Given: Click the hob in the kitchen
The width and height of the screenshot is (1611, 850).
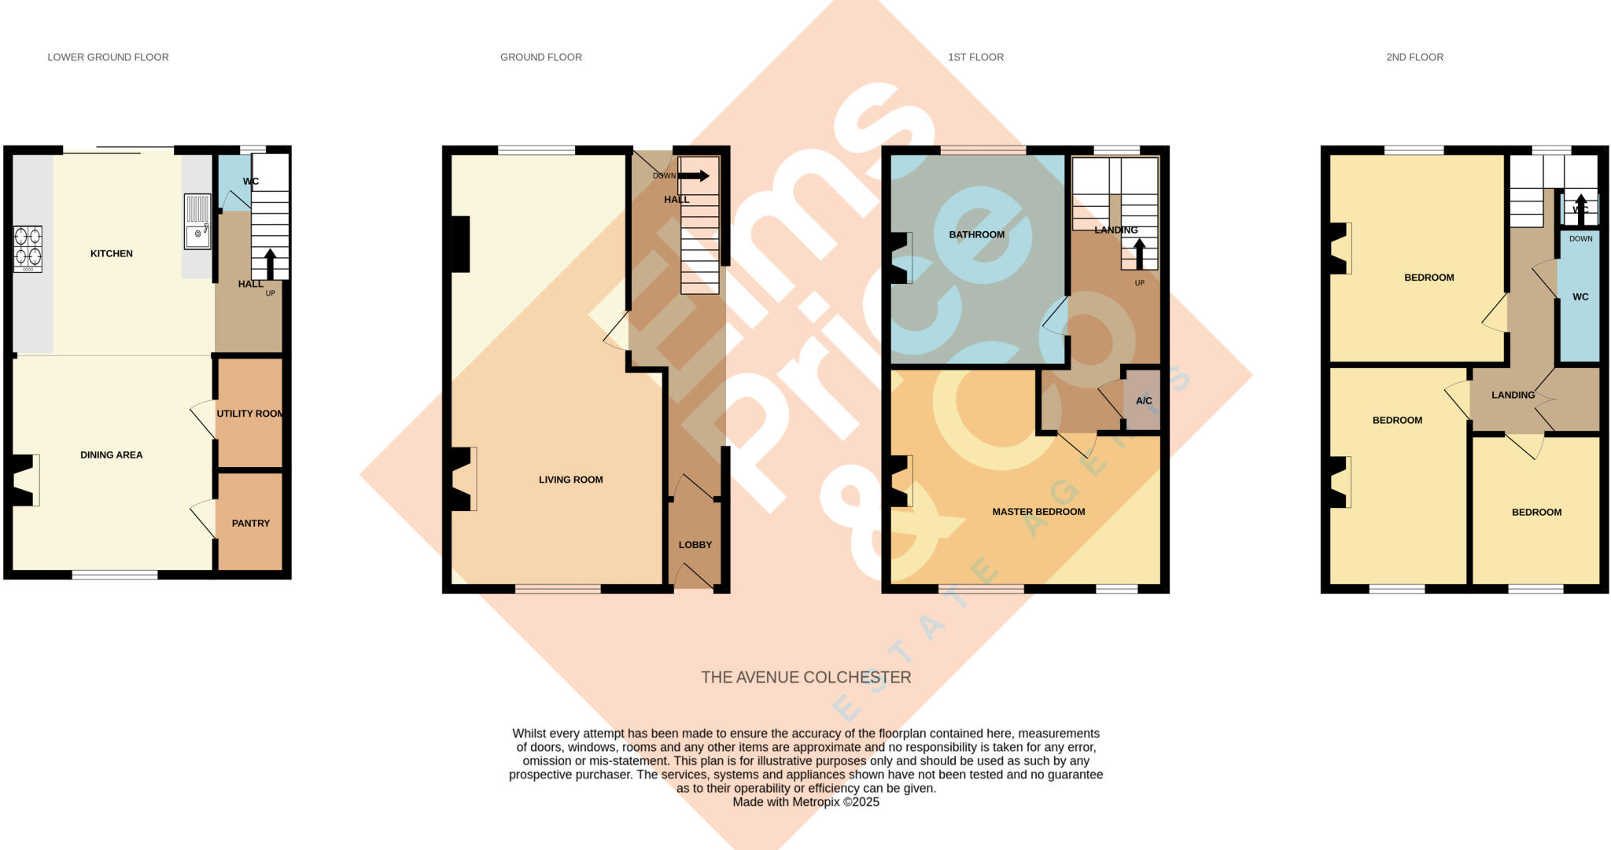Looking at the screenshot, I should pyautogui.click(x=28, y=248).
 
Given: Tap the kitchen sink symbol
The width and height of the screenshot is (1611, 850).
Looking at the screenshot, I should pyautogui.click(x=197, y=222).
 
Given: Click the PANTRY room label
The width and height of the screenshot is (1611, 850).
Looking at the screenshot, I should pyautogui.click(x=251, y=523).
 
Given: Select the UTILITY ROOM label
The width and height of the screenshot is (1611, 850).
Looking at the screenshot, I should pyautogui.click(x=250, y=414).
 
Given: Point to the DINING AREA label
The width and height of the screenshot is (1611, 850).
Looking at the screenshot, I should pyautogui.click(x=112, y=454).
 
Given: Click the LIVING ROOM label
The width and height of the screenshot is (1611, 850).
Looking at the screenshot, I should pyautogui.click(x=570, y=480).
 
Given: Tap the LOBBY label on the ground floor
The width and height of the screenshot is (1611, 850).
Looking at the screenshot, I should pyautogui.click(x=695, y=545).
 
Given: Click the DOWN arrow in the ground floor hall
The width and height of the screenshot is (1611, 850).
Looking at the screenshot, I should pyautogui.click(x=693, y=176).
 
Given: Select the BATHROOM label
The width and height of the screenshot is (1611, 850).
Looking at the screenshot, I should pyautogui.click(x=976, y=234).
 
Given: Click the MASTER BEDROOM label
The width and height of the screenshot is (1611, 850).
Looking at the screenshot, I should pyautogui.click(x=1038, y=512).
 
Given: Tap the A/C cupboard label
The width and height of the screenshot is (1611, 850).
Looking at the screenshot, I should pyautogui.click(x=1144, y=401).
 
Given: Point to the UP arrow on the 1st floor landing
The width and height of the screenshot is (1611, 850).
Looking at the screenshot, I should pyautogui.click(x=1139, y=253).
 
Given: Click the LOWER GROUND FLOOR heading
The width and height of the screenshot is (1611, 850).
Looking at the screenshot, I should pyautogui.click(x=109, y=57).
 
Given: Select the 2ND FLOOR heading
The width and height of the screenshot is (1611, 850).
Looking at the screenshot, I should pyautogui.click(x=1414, y=57).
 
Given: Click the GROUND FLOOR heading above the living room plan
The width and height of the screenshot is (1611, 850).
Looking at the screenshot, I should pyautogui.click(x=541, y=57).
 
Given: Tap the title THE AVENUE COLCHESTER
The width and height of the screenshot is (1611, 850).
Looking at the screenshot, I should pyautogui.click(x=805, y=677).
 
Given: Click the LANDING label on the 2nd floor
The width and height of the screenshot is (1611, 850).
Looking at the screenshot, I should pyautogui.click(x=1513, y=395).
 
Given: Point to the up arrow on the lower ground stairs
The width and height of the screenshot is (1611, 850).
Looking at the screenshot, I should pyautogui.click(x=271, y=263).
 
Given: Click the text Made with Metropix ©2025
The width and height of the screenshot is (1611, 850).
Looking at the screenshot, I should pyautogui.click(x=805, y=802).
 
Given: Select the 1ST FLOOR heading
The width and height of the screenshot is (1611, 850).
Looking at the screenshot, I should pyautogui.click(x=975, y=57).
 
